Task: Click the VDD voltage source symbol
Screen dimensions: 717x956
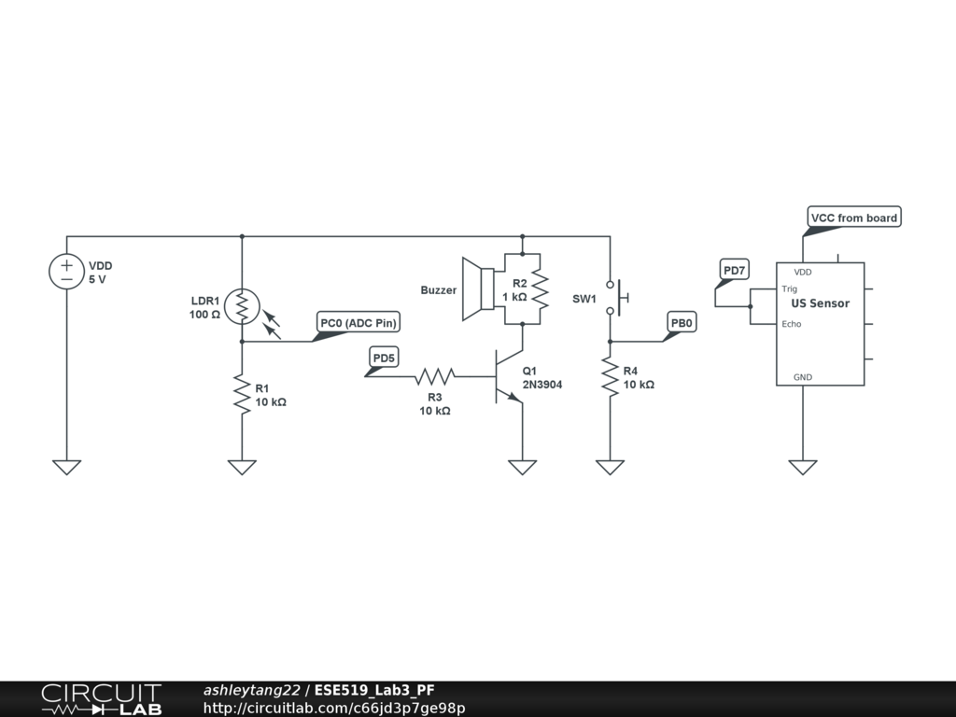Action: point(66,272)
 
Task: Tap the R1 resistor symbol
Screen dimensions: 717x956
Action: point(242,396)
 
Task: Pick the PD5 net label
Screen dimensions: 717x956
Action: point(384,358)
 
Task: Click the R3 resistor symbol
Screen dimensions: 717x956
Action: point(434,376)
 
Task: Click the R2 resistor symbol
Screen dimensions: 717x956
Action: point(539,289)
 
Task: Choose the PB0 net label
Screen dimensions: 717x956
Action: point(682,324)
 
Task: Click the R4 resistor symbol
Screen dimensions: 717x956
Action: point(610,378)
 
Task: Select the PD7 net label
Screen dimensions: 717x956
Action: point(735,272)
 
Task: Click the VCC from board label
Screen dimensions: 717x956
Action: point(854,218)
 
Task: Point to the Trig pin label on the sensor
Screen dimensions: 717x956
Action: point(790,289)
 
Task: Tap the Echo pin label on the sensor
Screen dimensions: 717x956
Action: point(792,324)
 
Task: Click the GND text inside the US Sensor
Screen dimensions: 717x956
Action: point(803,377)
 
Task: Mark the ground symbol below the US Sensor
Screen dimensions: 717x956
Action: point(803,467)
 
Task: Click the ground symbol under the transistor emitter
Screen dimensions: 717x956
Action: point(522,467)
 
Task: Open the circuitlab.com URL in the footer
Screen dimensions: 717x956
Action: point(334,708)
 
